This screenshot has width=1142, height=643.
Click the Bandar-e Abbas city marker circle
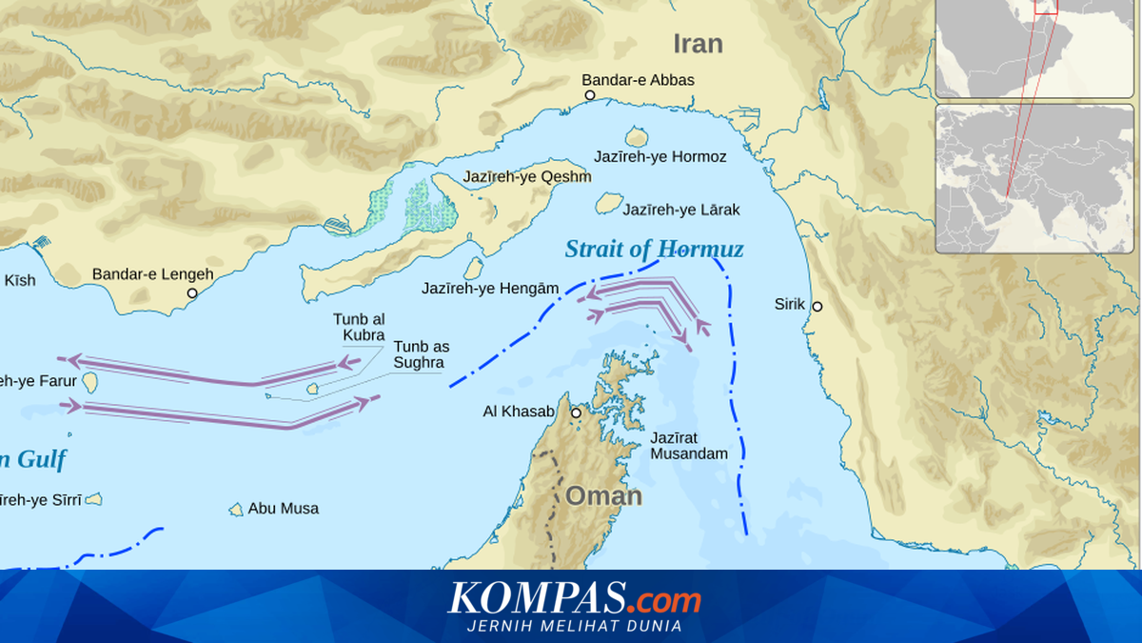[590, 95]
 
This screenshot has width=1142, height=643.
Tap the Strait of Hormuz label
[654, 250]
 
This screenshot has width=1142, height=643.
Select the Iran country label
[698, 44]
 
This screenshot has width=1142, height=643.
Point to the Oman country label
[604, 496]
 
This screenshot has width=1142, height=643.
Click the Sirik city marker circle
[817, 306]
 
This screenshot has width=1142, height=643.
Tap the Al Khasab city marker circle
[576, 412]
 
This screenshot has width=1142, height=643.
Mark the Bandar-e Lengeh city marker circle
[192, 293]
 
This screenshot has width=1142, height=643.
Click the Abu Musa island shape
[236, 510]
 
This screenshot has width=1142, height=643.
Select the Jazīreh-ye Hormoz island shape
[636, 137]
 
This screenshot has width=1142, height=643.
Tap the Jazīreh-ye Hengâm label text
[490, 288]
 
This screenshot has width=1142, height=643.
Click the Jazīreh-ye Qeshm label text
[526, 177]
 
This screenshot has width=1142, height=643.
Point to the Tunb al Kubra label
[359, 327]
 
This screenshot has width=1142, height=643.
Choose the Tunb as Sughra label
[421, 354]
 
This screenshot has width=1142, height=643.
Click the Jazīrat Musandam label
[689, 446]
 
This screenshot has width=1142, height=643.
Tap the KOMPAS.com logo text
[574, 600]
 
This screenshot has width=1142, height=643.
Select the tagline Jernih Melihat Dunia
[574, 626]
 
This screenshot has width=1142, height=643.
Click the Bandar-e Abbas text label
[638, 80]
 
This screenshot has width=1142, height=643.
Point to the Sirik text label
[790, 305]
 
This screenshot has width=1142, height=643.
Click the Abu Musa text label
[284, 509]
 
